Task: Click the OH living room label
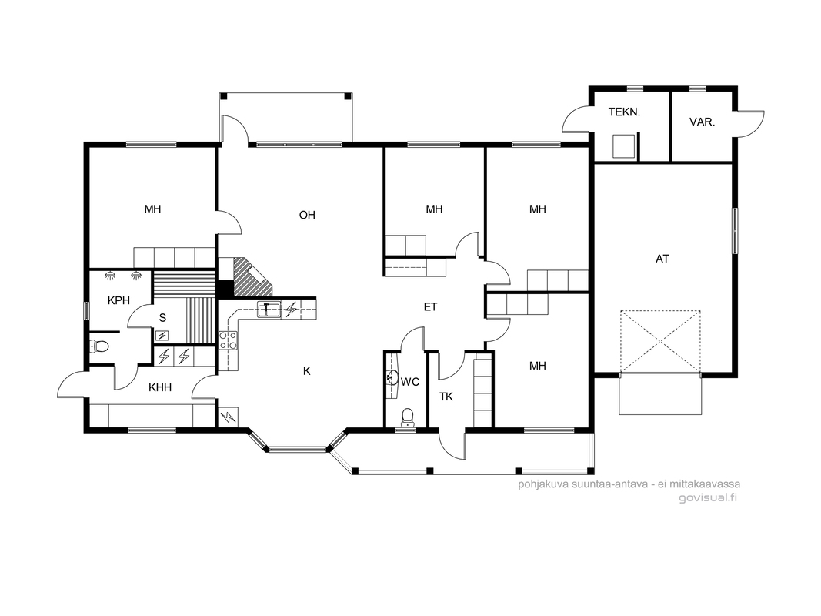point(307,215)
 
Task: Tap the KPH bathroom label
point(118,300)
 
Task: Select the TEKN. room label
point(624,112)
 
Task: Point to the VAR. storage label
point(703,122)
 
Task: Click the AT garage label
point(662,259)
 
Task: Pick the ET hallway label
point(430,307)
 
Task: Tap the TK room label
point(446,397)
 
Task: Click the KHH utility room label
point(160,387)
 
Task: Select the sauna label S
point(162,318)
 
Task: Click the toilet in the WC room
point(407,417)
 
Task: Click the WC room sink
point(391,377)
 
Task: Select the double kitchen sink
point(269,310)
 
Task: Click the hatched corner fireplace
point(252,276)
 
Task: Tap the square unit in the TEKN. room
point(623,146)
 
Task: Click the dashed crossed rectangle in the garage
point(660,342)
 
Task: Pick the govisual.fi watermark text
point(707,497)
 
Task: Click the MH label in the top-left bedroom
point(152,209)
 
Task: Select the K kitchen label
point(307,371)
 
